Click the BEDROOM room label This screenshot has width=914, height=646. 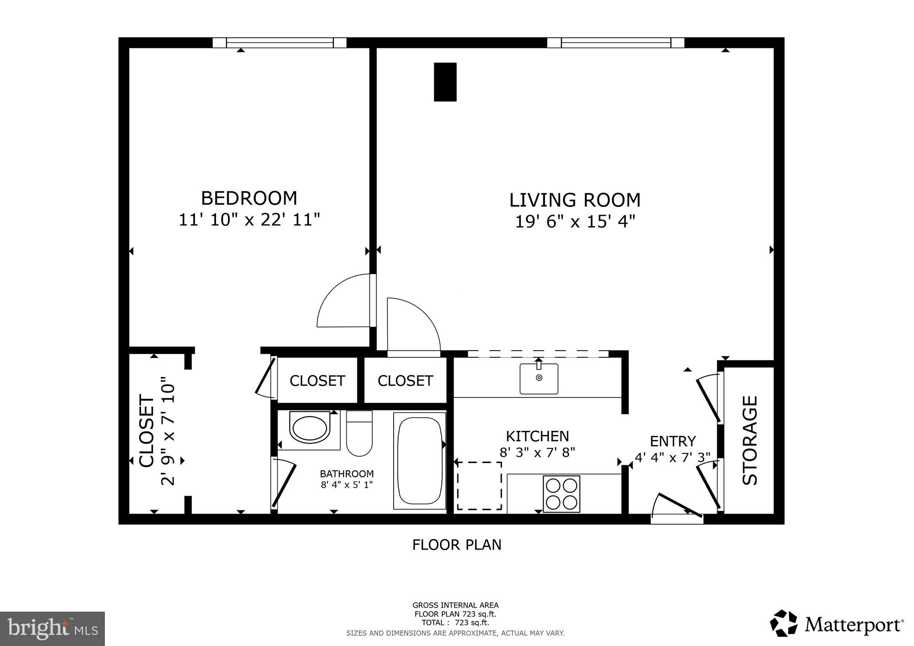(x=249, y=198)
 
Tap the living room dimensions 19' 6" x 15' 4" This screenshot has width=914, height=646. (x=575, y=222)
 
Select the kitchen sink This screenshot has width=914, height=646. (x=539, y=379)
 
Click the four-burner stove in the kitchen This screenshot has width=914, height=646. (x=561, y=494)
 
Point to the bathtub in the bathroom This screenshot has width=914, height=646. (x=420, y=460)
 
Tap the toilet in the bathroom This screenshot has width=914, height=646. (x=359, y=434)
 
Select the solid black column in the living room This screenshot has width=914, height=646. (x=445, y=82)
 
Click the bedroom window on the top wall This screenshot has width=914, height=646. (x=279, y=43)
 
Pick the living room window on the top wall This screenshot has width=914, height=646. (x=615, y=43)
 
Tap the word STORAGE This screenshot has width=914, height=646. (x=750, y=440)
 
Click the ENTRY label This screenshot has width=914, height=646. (x=673, y=441)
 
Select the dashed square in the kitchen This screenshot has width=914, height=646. (x=479, y=486)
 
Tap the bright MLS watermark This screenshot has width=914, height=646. (x=52, y=629)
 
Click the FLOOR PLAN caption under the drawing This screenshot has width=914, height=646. (x=457, y=545)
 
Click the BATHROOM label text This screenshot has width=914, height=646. (x=347, y=474)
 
